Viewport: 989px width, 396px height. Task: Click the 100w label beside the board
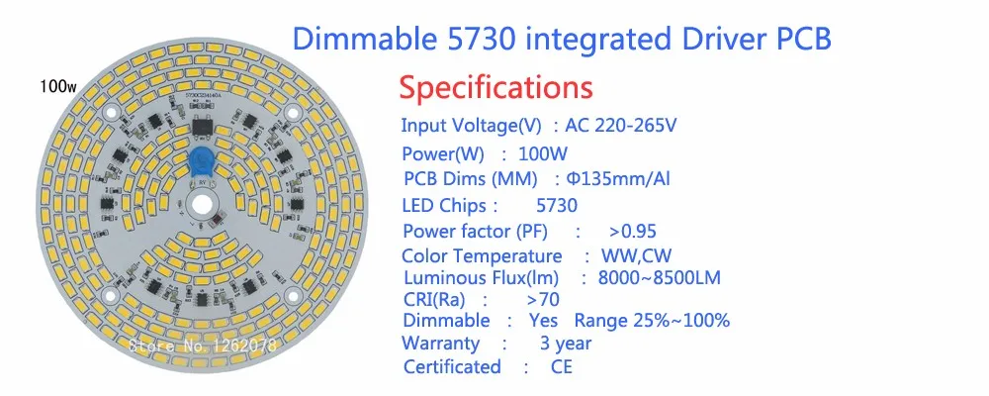[58, 86]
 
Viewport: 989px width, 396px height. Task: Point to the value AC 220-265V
[621, 125]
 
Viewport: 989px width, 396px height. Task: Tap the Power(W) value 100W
[543, 153]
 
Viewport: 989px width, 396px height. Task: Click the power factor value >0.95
[633, 231]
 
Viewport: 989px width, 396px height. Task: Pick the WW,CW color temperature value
[636, 256]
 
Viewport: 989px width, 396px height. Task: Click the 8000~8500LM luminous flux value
[659, 278]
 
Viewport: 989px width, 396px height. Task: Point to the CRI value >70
[542, 299]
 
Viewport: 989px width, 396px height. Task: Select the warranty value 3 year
[566, 344]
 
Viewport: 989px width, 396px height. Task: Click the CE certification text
[562, 367]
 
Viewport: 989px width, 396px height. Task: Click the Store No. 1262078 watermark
[203, 345]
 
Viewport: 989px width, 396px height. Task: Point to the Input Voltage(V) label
[471, 125]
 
